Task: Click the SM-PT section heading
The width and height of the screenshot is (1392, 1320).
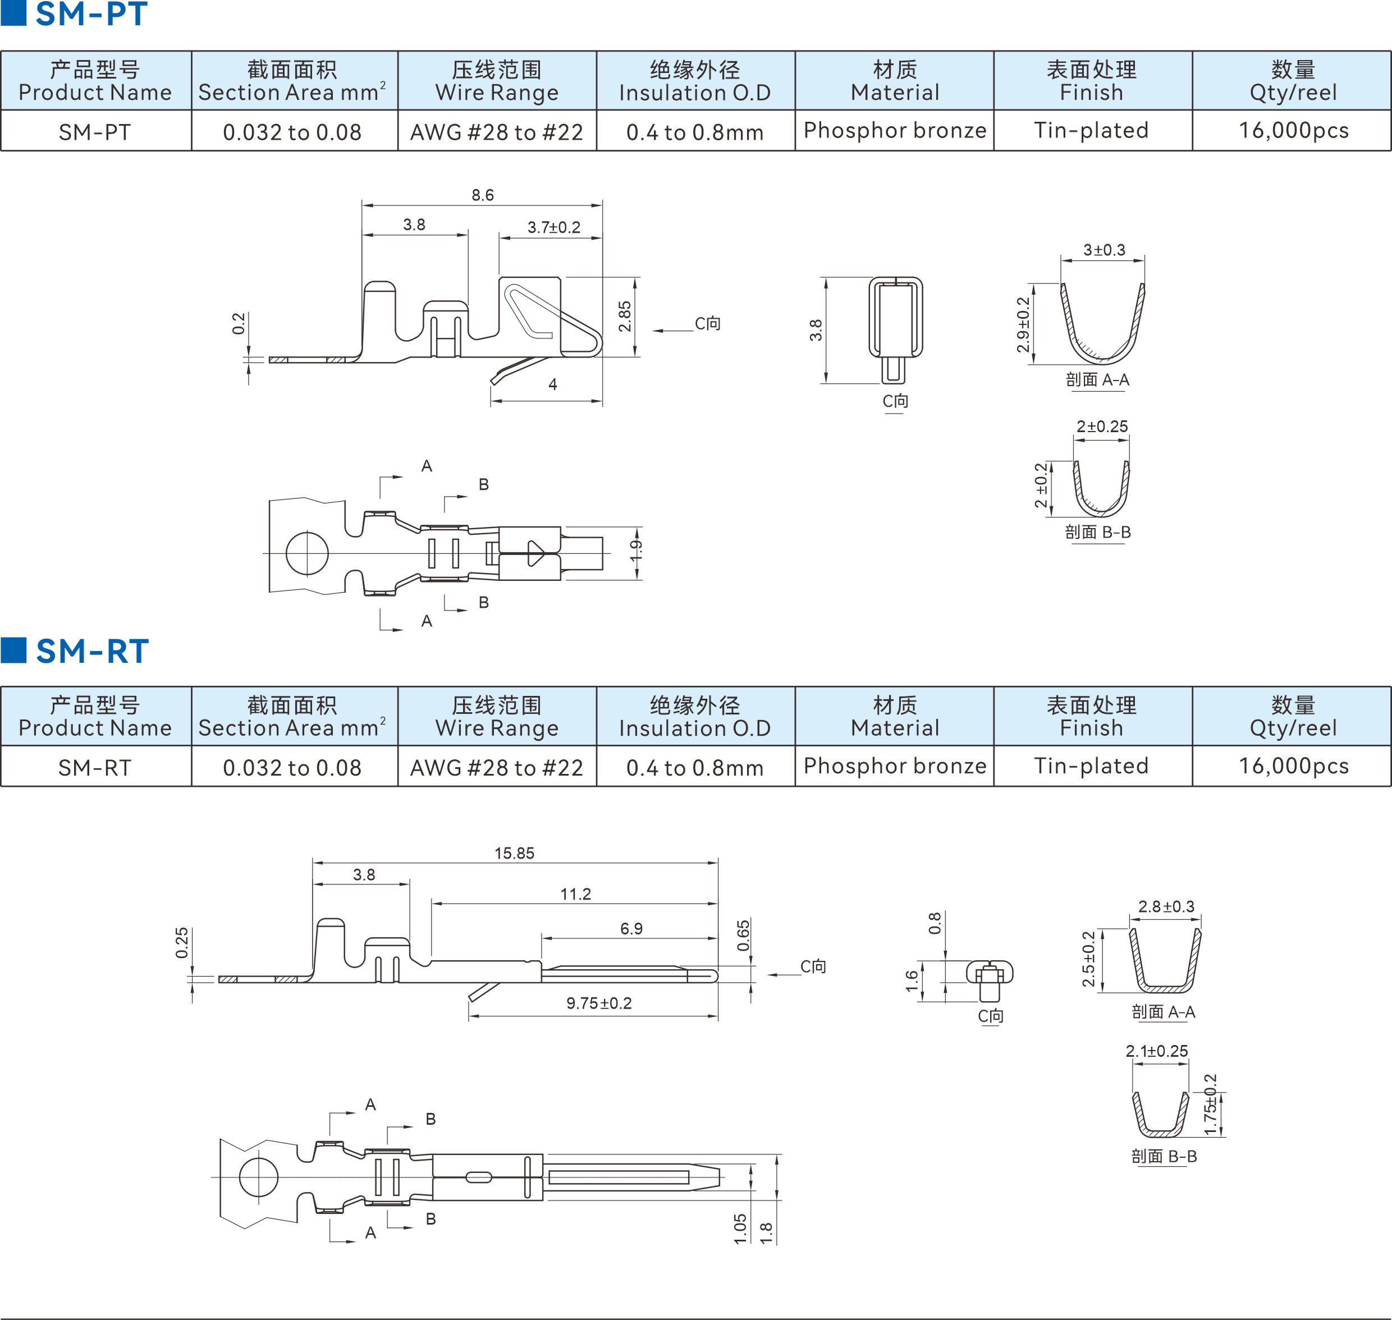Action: pos(91,14)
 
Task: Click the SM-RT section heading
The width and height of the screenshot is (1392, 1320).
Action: pos(92,651)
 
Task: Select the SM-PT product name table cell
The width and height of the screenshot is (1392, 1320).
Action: pos(95,131)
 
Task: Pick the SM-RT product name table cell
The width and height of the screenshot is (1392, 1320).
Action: pos(95,767)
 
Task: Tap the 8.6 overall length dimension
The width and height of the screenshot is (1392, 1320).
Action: pos(483,195)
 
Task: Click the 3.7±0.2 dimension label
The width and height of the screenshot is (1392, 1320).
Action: pos(554,227)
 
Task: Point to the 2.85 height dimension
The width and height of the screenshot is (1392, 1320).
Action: pos(625,317)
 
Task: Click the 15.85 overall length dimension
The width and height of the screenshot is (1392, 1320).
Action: pos(515,854)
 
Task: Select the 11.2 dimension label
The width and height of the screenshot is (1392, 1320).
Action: pos(576,894)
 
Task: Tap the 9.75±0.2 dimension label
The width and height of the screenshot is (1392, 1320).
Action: pos(599,1003)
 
